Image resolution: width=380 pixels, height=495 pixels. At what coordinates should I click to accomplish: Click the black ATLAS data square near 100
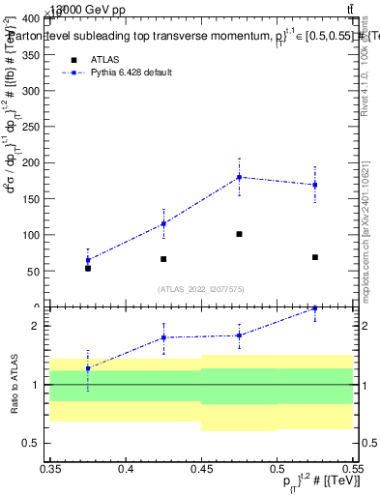pyautogui.click(x=239, y=234)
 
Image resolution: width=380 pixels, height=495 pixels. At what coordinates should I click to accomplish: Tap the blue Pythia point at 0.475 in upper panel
pyautogui.click(x=239, y=177)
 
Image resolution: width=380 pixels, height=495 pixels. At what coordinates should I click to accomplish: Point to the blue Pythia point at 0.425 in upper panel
pyautogui.click(x=163, y=223)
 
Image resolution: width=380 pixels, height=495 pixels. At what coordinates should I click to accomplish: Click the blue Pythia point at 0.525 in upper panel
pyautogui.click(x=315, y=185)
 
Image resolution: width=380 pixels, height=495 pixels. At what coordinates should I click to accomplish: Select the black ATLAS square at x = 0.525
pyautogui.click(x=315, y=257)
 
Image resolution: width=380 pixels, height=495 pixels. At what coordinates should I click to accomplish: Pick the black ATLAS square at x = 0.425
pyautogui.click(x=163, y=259)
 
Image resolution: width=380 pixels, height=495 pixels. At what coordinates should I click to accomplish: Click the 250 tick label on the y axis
pyautogui.click(x=33, y=127)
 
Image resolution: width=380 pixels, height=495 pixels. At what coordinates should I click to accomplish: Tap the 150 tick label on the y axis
pyautogui.click(x=33, y=199)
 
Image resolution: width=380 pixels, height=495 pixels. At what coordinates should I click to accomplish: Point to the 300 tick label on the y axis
pyautogui.click(x=33, y=91)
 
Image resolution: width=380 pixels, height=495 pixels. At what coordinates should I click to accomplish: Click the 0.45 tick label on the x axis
pyautogui.click(x=201, y=470)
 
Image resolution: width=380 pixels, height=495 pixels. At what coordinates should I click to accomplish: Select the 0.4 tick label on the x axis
pyautogui.click(x=126, y=470)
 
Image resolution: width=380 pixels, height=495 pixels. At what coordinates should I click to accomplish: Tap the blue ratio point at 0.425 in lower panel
pyautogui.click(x=163, y=337)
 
